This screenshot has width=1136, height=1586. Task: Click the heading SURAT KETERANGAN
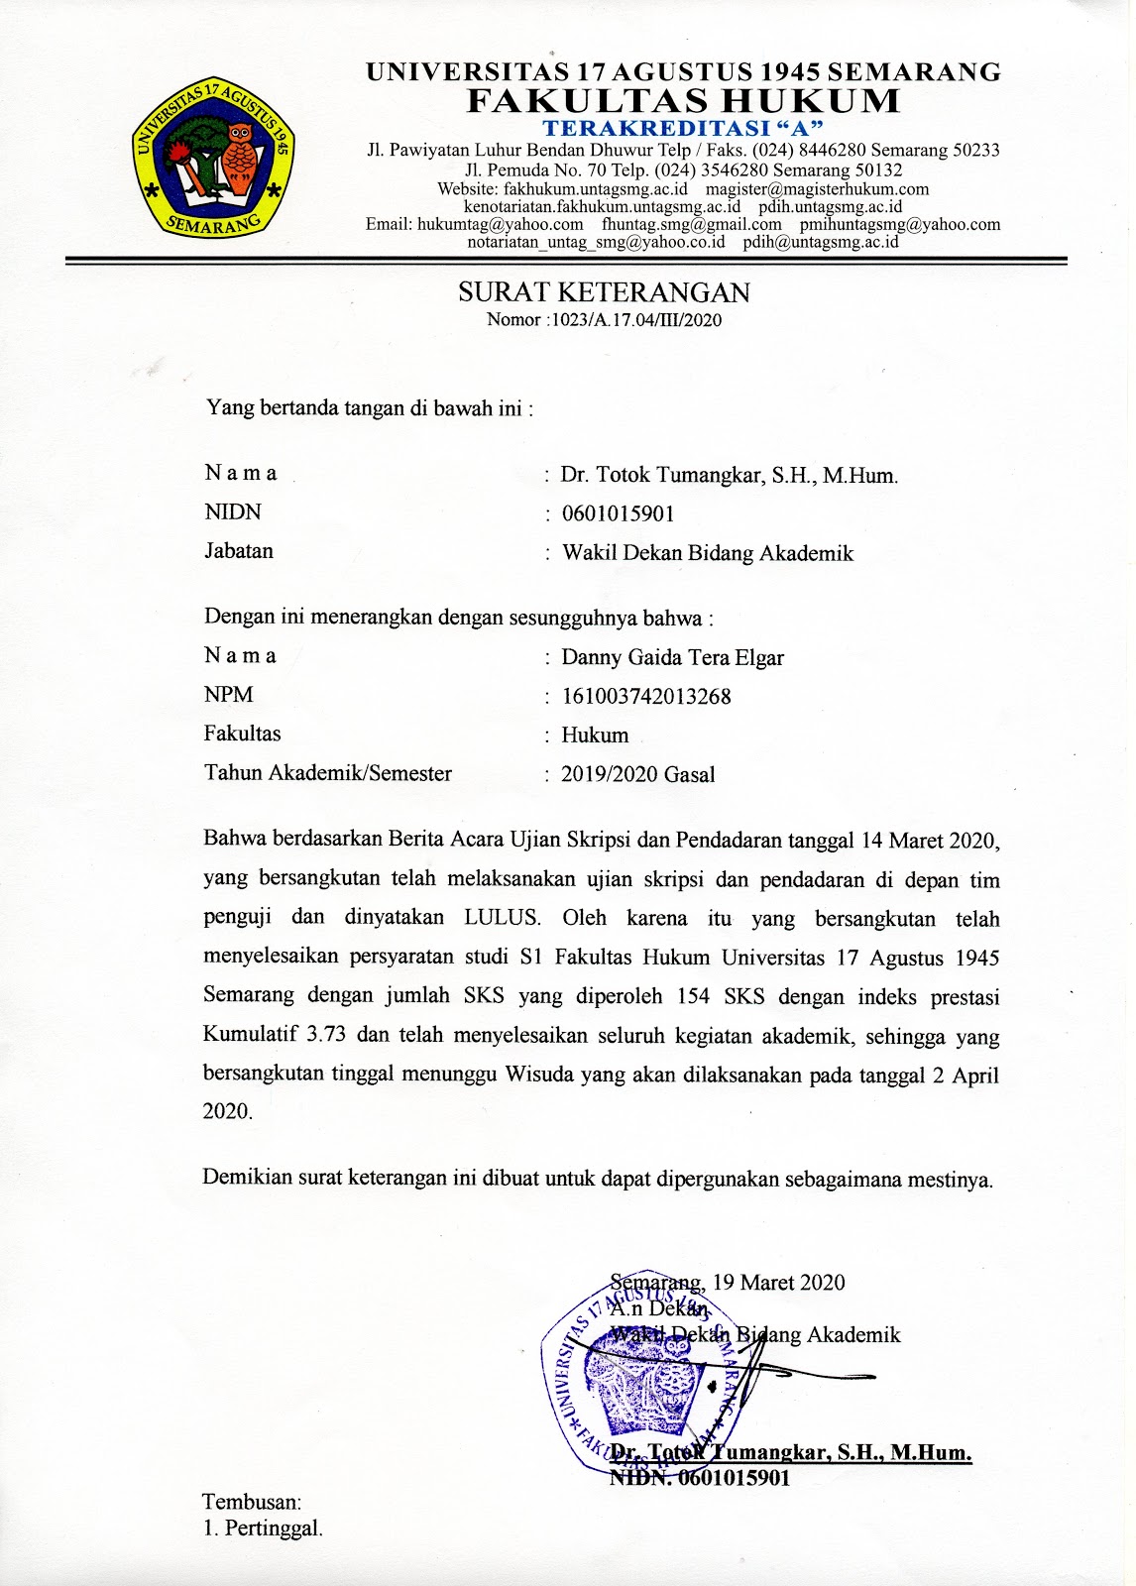click(x=604, y=292)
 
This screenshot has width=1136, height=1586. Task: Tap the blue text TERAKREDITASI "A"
click(x=684, y=128)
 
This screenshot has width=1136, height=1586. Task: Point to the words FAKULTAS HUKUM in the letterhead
click(x=684, y=101)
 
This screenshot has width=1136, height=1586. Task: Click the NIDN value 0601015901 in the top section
click(x=618, y=513)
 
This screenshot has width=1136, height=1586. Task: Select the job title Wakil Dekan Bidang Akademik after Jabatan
click(x=708, y=553)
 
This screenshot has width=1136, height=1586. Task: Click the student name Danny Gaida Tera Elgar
click(x=672, y=657)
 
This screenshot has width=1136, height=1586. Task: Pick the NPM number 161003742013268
click(x=646, y=696)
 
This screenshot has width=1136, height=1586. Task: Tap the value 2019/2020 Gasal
click(x=637, y=774)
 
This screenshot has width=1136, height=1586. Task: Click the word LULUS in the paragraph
click(x=503, y=917)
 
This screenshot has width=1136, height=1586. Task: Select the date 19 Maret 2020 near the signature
click(x=778, y=1283)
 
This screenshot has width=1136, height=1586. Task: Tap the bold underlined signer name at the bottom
click(x=790, y=1453)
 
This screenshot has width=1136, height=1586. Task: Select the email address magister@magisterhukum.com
click(x=817, y=188)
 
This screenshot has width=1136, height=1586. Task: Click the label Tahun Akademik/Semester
click(x=328, y=773)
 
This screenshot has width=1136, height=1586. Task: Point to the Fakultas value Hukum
click(x=595, y=736)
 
